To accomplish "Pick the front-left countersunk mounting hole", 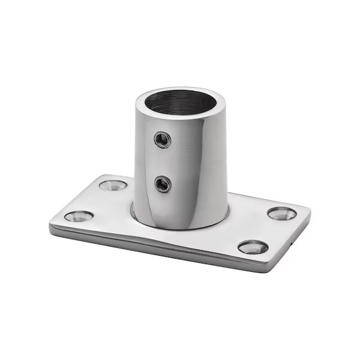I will [x=78, y=216].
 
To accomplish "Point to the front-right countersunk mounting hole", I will [x=253, y=247].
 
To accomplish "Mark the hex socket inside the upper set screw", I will [x=161, y=140].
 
